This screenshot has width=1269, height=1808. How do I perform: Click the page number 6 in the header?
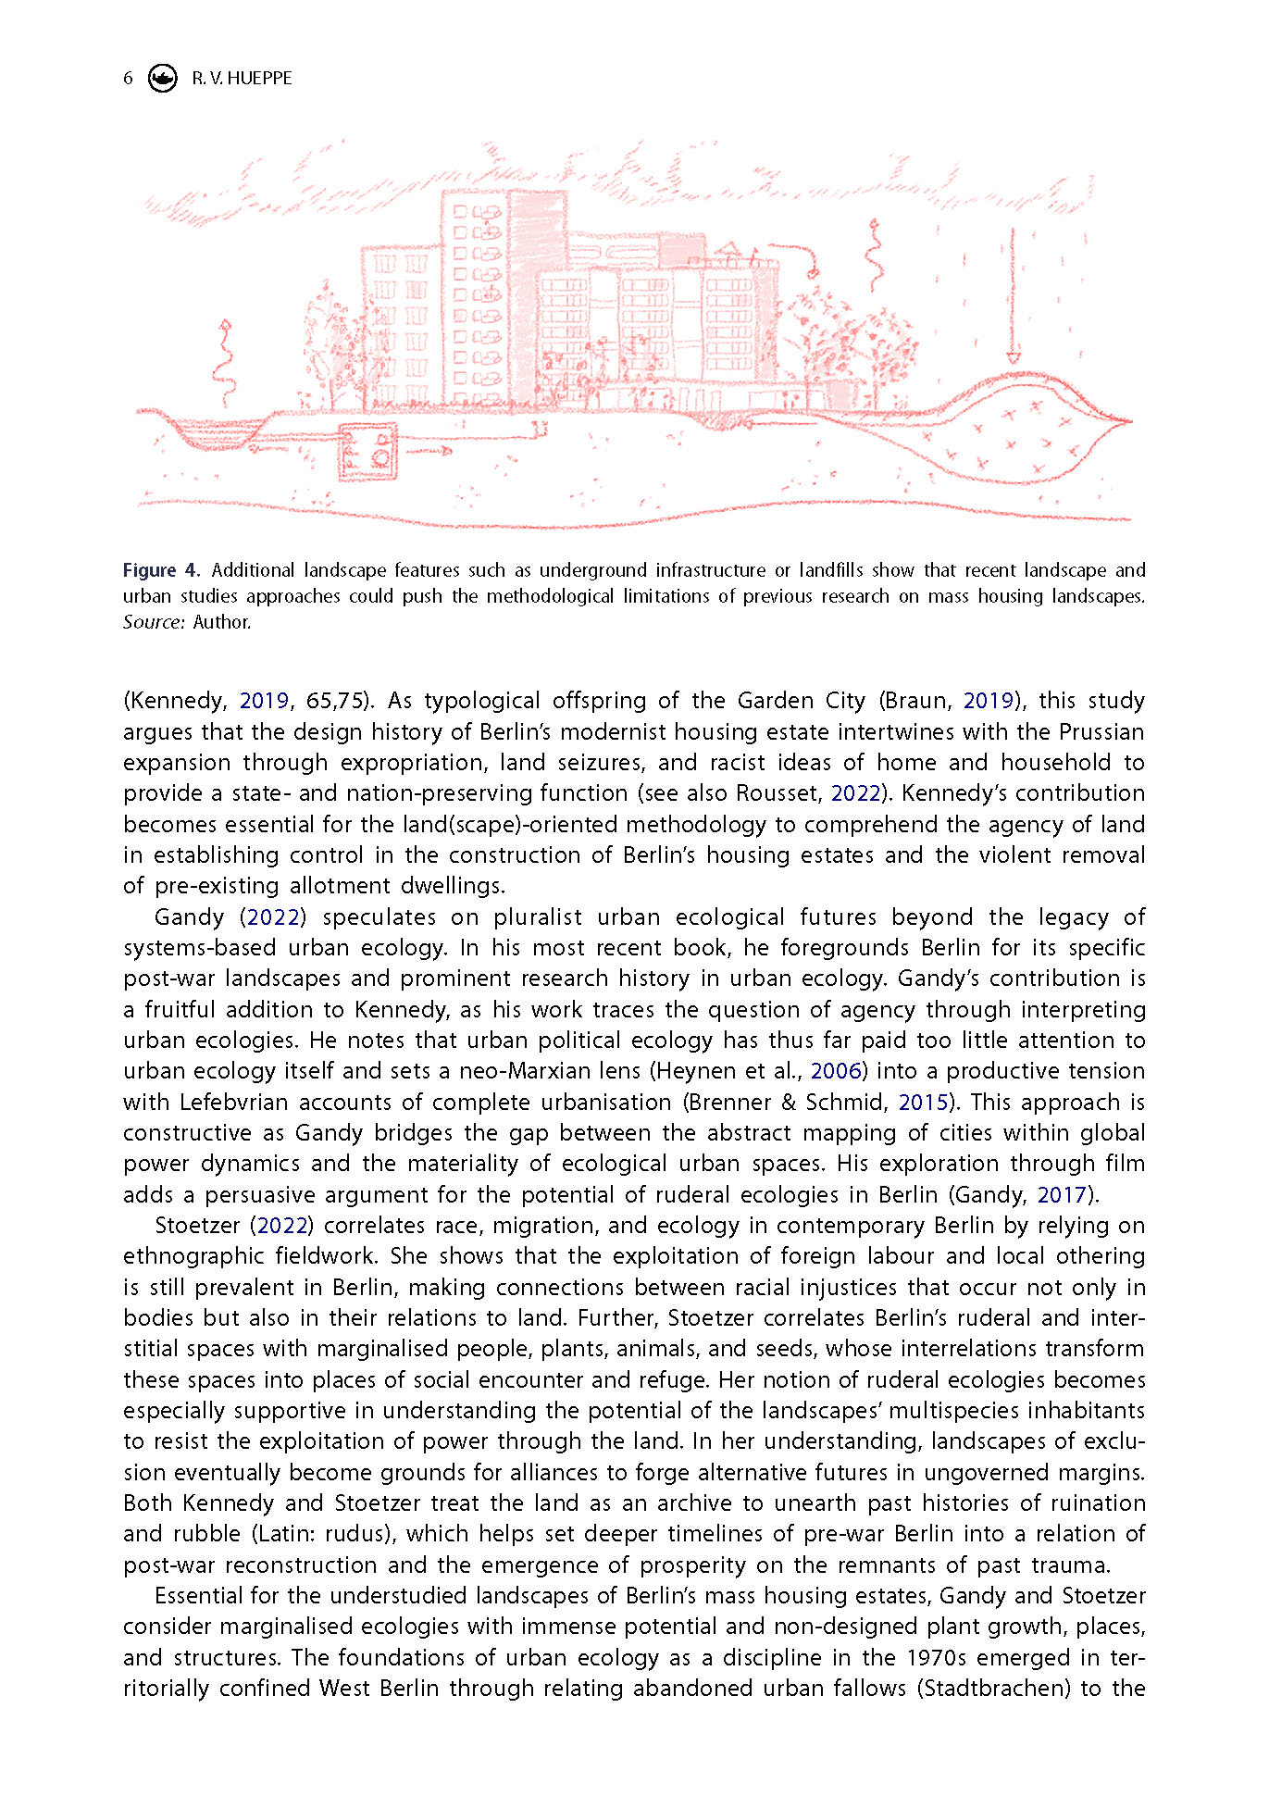(x=128, y=79)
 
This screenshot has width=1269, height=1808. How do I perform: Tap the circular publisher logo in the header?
(x=163, y=79)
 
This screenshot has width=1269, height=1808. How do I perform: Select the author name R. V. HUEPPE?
(x=242, y=79)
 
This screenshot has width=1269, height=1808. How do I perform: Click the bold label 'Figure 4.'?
(x=160, y=570)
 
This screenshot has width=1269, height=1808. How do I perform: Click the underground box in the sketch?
(x=367, y=452)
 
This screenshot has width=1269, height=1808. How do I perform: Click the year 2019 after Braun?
(x=989, y=701)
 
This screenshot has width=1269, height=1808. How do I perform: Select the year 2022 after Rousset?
(x=855, y=793)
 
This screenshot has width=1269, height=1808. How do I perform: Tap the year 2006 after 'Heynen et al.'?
(x=836, y=1071)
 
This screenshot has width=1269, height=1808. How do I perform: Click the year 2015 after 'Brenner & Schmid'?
(x=923, y=1103)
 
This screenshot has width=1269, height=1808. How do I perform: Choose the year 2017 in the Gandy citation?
(x=1061, y=1195)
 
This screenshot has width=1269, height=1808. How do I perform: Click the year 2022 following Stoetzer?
(x=281, y=1226)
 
